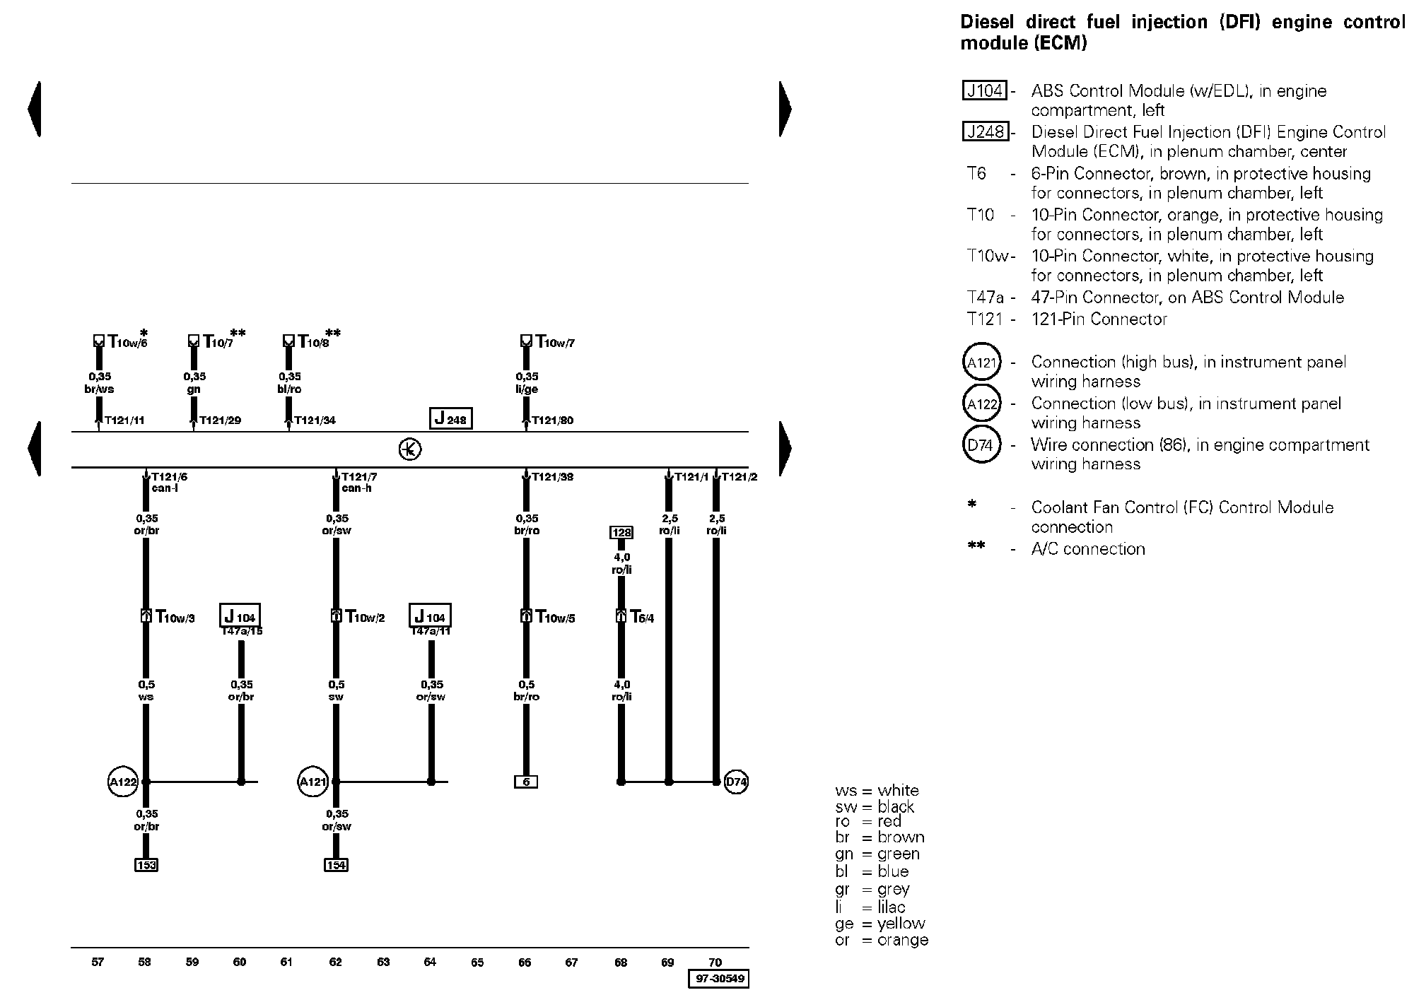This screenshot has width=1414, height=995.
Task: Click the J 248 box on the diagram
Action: (x=450, y=418)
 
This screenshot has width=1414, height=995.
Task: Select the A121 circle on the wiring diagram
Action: (x=313, y=782)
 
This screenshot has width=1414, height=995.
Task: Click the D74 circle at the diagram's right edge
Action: (x=736, y=782)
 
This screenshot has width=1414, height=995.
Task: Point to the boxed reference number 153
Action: (x=146, y=865)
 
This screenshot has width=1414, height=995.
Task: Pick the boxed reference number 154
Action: (x=336, y=865)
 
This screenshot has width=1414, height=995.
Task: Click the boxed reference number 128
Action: (x=621, y=532)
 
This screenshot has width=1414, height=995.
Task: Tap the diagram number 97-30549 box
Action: (x=718, y=979)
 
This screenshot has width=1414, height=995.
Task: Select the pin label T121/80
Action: (x=552, y=420)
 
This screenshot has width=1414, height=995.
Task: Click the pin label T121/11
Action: (x=124, y=420)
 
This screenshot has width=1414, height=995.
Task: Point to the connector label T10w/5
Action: (x=555, y=618)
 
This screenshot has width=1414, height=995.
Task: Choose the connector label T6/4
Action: (x=642, y=618)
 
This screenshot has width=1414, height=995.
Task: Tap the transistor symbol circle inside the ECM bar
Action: (x=410, y=449)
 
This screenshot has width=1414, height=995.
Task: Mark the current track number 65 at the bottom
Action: (x=477, y=962)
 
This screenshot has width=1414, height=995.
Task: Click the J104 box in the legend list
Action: (x=984, y=90)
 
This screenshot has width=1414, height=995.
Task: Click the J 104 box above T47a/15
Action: (x=240, y=616)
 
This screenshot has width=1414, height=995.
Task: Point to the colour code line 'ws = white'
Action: (x=877, y=790)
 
